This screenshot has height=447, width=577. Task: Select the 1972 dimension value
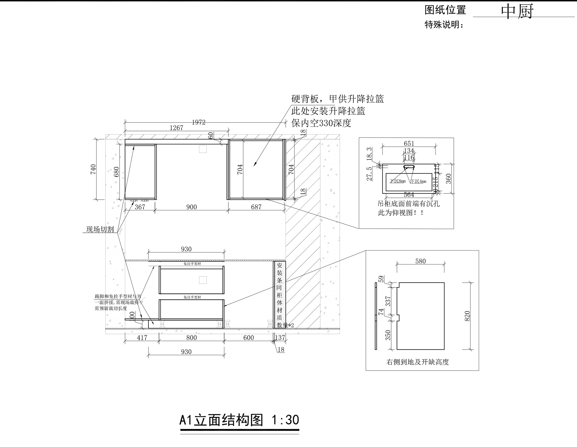pos(199,122)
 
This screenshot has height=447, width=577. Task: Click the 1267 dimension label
pos(176,128)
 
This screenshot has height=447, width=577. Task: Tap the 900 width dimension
pos(192,207)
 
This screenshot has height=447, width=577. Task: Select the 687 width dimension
pos(256,207)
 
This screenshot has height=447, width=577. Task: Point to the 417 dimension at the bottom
pos(142,338)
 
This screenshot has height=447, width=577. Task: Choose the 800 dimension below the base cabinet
pos(192,338)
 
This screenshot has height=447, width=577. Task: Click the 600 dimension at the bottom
pos(248,338)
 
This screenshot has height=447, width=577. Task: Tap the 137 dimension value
pos(280,338)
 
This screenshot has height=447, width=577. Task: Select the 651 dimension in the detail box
pos(409,143)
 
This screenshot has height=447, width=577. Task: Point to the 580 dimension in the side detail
pos(420,261)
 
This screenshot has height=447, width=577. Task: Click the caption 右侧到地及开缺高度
pos(417,362)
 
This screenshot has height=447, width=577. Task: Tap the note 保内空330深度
pos(321,123)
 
